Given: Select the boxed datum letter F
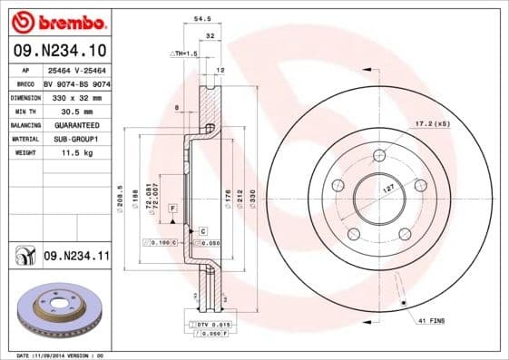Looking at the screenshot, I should (x=171, y=209).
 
